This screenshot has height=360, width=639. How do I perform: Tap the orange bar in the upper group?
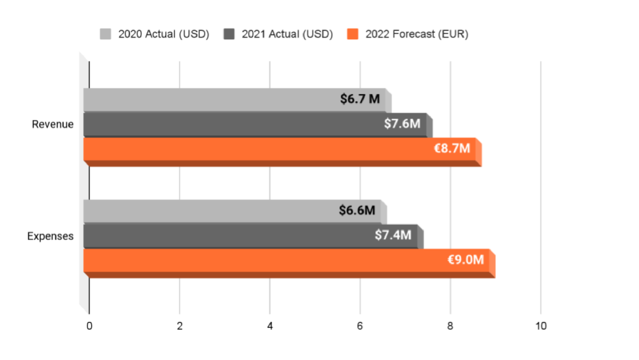254,149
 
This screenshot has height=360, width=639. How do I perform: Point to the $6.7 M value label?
360,99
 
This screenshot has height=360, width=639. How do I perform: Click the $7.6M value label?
402,123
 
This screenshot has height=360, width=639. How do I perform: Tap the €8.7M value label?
452,148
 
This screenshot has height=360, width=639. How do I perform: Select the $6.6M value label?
357,210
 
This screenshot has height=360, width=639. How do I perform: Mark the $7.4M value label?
393,235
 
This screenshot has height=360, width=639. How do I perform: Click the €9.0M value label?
465,260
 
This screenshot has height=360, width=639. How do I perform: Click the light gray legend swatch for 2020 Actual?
106,34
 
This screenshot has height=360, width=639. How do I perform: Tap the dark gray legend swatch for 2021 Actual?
229,34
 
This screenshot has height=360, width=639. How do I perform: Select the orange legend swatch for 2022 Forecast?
353,34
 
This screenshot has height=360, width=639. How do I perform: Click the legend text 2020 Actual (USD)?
164,34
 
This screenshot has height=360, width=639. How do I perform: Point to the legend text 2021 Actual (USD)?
287,34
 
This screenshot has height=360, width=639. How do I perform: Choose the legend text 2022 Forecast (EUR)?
417,34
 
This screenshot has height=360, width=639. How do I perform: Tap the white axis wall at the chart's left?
83,181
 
